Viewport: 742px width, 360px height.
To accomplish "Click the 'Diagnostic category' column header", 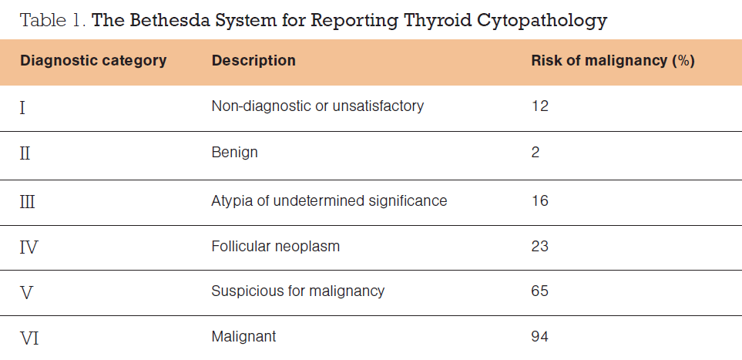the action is pyautogui.click(x=93, y=61).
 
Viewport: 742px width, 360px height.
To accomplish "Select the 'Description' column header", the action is pyautogui.click(x=253, y=61).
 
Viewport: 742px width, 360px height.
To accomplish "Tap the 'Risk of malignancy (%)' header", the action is pyautogui.click(x=613, y=61).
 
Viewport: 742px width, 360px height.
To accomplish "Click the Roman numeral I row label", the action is pyautogui.click(x=22, y=108).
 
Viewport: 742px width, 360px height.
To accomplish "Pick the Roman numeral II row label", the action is pyautogui.click(x=25, y=153).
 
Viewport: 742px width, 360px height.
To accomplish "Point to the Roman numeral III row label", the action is pyautogui.click(x=28, y=202).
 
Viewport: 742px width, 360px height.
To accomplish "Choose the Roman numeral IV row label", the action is pyautogui.click(x=29, y=247).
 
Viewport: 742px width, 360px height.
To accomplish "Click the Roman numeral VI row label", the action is pyautogui.click(x=29, y=338).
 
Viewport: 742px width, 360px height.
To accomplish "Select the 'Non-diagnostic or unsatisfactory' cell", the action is pyautogui.click(x=317, y=106).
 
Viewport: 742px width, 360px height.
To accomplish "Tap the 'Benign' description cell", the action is pyautogui.click(x=235, y=153).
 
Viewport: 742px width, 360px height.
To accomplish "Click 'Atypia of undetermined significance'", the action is pyautogui.click(x=329, y=201).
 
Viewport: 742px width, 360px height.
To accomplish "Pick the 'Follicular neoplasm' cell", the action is pyautogui.click(x=275, y=247).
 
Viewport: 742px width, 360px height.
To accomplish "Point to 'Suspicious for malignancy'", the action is pyautogui.click(x=297, y=291).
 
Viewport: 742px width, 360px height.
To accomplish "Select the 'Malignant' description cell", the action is pyautogui.click(x=243, y=337).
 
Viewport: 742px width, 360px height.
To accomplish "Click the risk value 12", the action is pyautogui.click(x=539, y=106).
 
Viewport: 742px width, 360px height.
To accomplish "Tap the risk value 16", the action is pyautogui.click(x=539, y=201).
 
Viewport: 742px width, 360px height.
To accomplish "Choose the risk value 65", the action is pyautogui.click(x=539, y=291).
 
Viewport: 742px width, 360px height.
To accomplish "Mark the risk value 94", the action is pyautogui.click(x=539, y=337).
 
